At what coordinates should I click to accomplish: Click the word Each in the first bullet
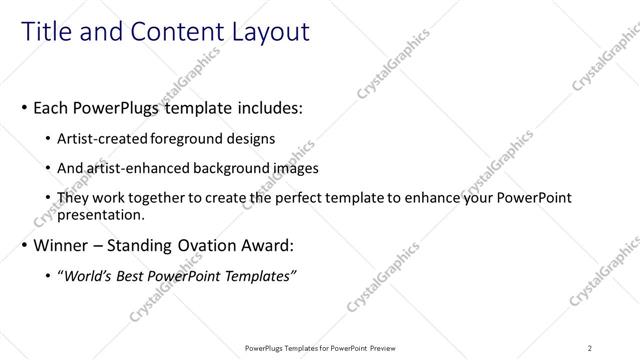[x=51, y=106]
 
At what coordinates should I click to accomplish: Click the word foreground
[x=187, y=138]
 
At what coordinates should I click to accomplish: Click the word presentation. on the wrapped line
[x=101, y=214]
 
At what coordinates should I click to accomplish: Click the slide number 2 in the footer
[x=590, y=347]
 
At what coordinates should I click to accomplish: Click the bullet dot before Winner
[x=22, y=245]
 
